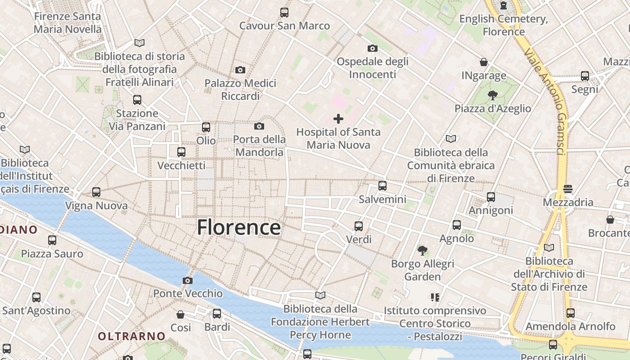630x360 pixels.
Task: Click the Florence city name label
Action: (239, 227)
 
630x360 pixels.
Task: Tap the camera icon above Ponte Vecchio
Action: (188, 281)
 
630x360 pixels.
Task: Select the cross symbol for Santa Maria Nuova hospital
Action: (338, 119)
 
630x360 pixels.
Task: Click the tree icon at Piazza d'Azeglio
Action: (493, 95)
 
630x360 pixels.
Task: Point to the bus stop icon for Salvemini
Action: (382, 185)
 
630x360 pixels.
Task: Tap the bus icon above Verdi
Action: (359, 226)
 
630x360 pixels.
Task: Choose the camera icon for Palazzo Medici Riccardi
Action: (240, 70)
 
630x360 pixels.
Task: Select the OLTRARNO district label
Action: (132, 336)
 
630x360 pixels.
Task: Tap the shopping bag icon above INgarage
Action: (484, 62)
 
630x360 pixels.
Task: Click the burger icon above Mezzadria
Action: (568, 189)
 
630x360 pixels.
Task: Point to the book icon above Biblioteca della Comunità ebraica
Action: (450, 139)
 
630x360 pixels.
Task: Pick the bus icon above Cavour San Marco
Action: (284, 13)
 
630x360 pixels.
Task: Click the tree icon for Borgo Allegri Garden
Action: (422, 250)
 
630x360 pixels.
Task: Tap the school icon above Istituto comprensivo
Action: (435, 297)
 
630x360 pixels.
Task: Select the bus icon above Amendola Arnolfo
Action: (571, 313)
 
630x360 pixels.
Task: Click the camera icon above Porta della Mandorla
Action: (259, 126)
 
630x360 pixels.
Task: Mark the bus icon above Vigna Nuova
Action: (96, 192)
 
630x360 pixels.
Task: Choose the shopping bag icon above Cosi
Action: (180, 314)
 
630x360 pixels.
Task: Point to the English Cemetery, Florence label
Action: (504, 25)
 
